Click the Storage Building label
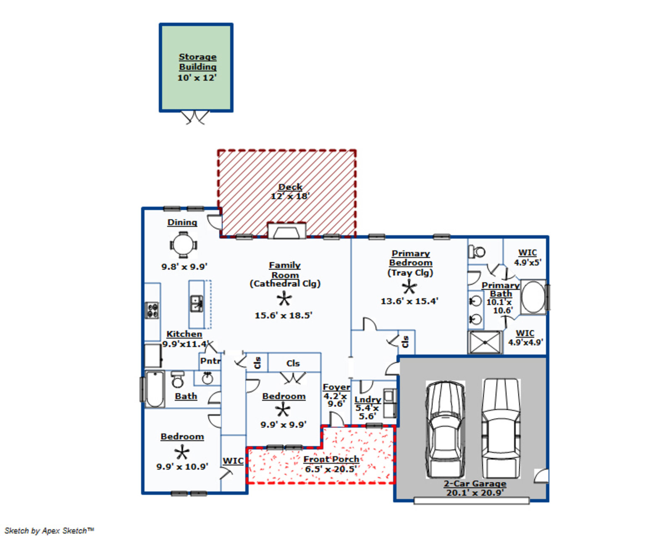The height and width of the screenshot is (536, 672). (197, 62)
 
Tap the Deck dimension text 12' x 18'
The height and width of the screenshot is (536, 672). (290, 196)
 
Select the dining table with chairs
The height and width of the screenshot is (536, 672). (183, 244)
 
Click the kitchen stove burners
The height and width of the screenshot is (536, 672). (152, 310)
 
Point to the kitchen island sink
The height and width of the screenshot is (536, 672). (197, 303)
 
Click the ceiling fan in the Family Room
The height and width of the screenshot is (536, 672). (284, 299)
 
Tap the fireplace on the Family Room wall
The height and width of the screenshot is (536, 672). (287, 231)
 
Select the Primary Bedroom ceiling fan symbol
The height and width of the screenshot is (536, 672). (409, 287)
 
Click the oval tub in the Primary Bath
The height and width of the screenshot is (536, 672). (533, 297)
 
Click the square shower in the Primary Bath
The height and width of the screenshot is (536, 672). (485, 342)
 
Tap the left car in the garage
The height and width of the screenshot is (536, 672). (445, 429)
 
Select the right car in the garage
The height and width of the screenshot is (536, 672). (501, 428)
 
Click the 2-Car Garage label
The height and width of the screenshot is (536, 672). (475, 483)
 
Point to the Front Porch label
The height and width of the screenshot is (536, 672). (331, 459)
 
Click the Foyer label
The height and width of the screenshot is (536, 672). (336, 387)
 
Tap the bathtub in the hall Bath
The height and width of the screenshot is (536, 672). (155, 389)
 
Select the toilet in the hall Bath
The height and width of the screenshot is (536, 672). (178, 379)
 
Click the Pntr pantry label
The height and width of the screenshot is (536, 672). (210, 361)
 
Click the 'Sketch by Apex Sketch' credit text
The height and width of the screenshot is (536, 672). (49, 531)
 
